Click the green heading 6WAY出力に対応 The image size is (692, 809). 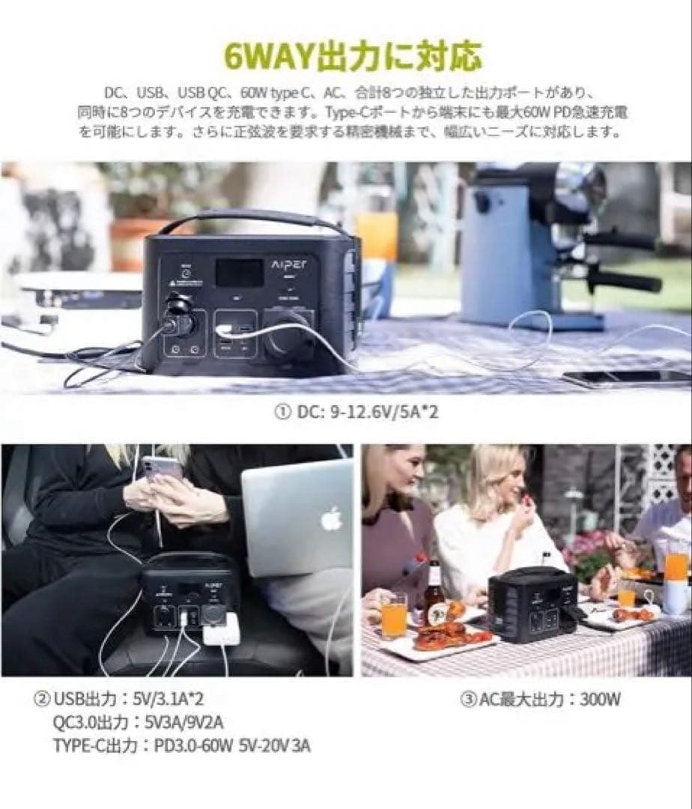[346, 56]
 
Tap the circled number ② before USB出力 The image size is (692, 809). [43, 700]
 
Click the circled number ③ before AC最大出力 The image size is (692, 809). [467, 700]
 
